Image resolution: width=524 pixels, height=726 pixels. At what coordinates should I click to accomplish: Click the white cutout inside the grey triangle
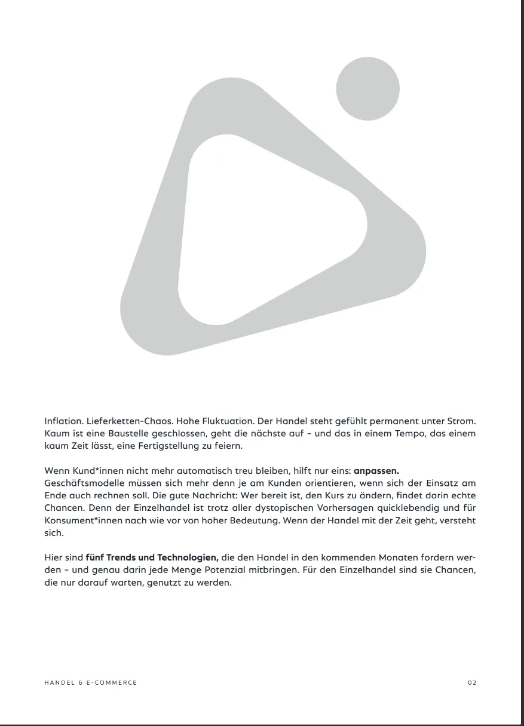point(263,227)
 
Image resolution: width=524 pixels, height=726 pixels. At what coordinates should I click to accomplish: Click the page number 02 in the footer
point(472,682)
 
